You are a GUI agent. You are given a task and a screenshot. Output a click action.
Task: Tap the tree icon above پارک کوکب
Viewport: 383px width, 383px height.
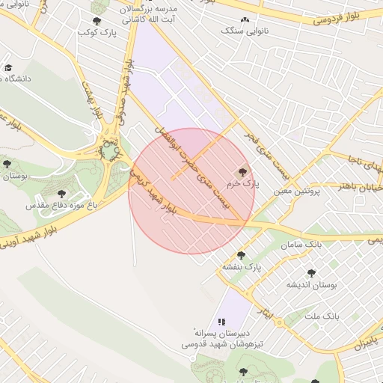click(96, 22)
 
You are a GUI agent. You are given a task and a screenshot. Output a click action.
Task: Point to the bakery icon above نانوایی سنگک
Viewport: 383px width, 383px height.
click(244, 20)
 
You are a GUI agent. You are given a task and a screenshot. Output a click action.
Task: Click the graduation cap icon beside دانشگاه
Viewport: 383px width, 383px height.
click(7, 68)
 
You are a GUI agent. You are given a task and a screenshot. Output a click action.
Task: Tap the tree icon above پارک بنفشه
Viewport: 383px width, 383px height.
click(240, 256)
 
